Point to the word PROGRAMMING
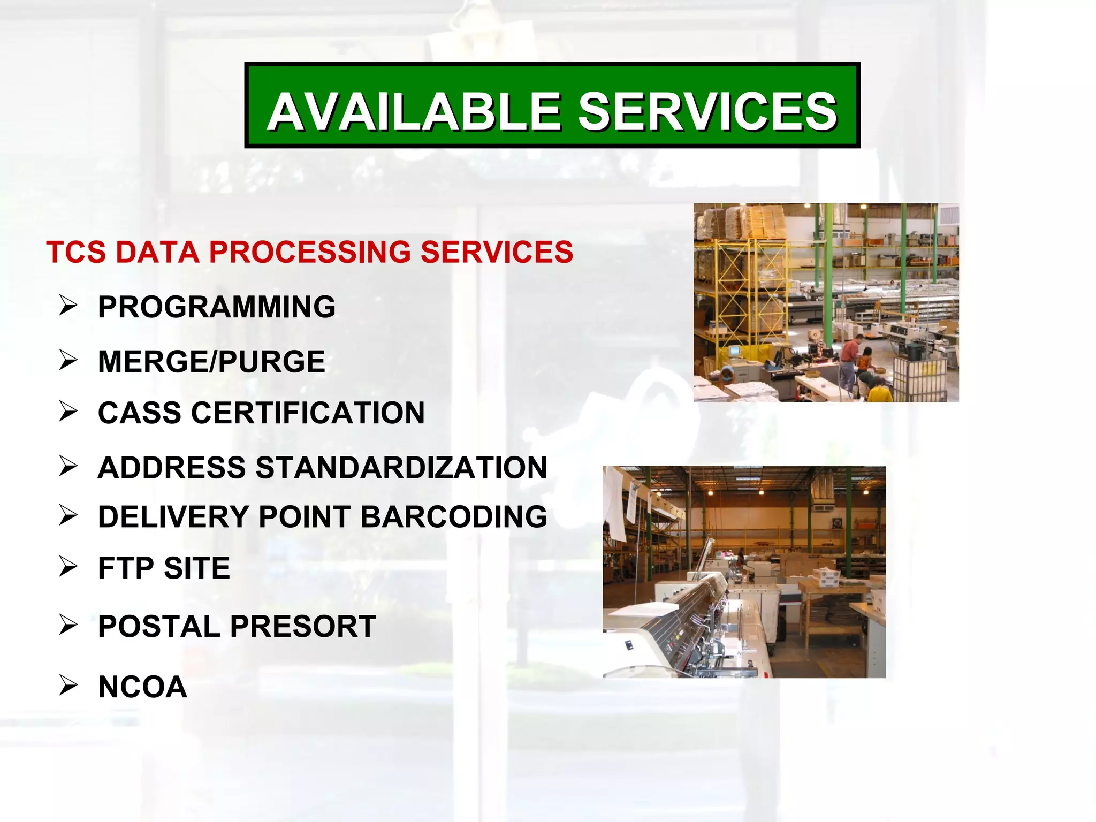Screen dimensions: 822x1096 pyautogui.click(x=216, y=307)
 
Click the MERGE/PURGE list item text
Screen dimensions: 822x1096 pyautogui.click(x=211, y=362)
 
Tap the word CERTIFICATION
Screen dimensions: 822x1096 pyautogui.click(x=308, y=413)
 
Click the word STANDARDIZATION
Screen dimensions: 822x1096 pyautogui.click(x=401, y=468)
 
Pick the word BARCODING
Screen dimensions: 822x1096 pyautogui.click(x=454, y=517)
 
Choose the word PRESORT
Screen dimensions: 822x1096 pyautogui.click(x=303, y=627)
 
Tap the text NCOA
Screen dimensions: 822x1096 pyautogui.click(x=142, y=687)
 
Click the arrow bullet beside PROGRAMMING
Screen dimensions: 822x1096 pyautogui.click(x=68, y=306)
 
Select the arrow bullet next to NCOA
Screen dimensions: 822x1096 pyautogui.click(x=68, y=685)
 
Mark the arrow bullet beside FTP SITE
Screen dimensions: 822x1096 pyautogui.click(x=68, y=567)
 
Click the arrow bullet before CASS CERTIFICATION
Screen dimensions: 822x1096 pyautogui.click(x=68, y=412)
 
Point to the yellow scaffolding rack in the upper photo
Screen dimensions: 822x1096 pyautogui.click(x=749, y=289)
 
